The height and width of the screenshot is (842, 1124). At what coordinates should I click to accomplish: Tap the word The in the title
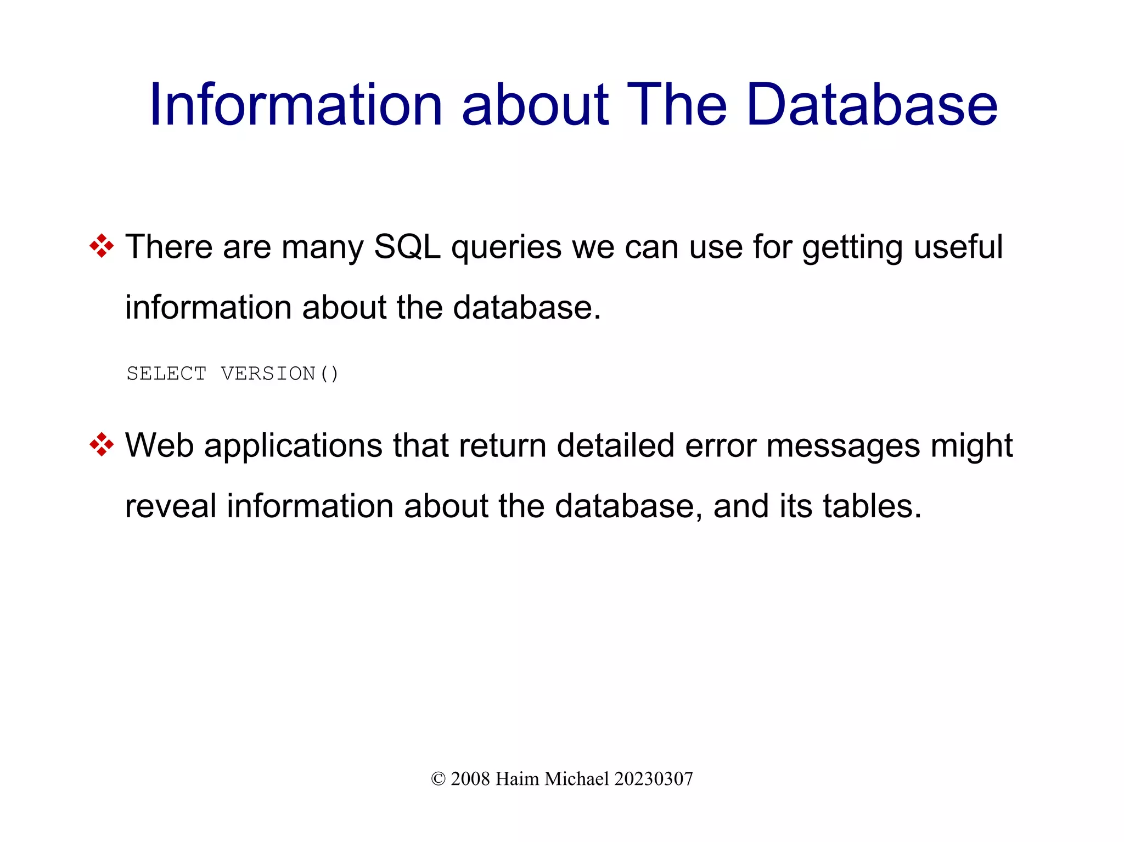[677, 105]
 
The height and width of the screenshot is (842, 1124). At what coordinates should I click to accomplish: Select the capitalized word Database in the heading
[872, 105]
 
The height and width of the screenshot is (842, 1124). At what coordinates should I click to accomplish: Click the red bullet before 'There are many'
[102, 246]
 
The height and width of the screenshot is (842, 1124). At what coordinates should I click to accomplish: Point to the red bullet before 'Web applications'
[102, 444]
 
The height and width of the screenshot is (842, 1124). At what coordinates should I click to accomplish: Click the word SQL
[407, 247]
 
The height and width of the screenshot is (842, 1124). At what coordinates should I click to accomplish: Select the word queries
[506, 248]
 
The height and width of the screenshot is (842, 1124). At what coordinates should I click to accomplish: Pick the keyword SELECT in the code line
[167, 374]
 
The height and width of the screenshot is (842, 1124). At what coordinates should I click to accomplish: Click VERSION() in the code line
[280, 374]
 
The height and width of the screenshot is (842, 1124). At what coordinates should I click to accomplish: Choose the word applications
[293, 446]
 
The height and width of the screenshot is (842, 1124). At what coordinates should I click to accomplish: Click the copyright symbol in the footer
[438, 779]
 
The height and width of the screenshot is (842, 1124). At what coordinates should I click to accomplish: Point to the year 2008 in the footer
[470, 779]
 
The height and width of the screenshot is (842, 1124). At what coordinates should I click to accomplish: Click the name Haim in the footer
[517, 779]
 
